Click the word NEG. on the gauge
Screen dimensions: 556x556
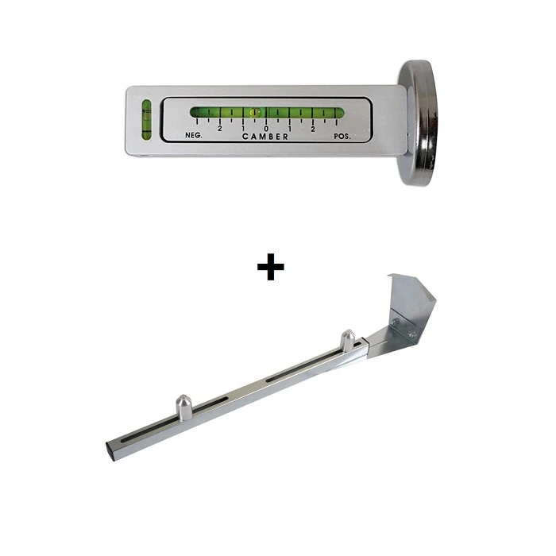194,136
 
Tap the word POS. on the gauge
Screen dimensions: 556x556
342,136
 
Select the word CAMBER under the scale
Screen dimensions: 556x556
265,137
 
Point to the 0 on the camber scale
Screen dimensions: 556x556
266,129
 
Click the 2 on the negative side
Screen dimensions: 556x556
220,129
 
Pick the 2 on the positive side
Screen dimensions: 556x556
313,129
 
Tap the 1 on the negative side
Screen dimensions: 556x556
243,129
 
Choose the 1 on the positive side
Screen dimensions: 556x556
290,129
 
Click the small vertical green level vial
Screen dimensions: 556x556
146,119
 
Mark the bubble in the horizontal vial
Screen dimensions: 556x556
254,113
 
